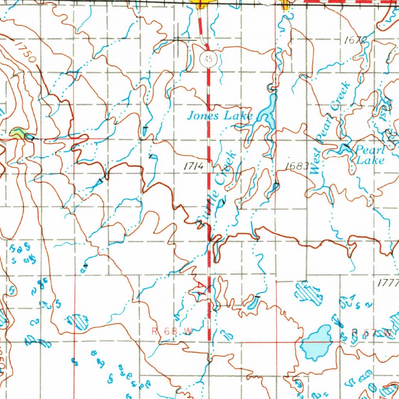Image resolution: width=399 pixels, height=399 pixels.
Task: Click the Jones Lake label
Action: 220,116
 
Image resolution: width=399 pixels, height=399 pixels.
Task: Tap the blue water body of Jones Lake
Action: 268,111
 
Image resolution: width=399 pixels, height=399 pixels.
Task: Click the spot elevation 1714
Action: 194,166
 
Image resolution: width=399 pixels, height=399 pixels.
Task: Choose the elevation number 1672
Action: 356,40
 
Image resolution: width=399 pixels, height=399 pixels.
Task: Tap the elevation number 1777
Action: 388,283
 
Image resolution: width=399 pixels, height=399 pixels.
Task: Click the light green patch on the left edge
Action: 17,133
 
